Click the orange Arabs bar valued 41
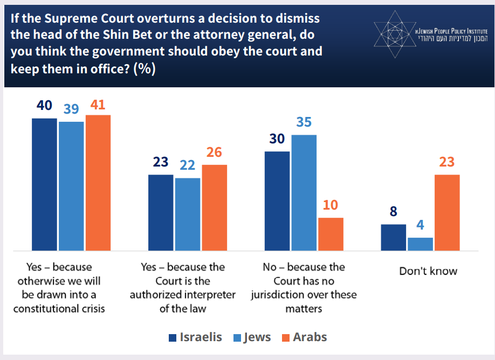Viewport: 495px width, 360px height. pos(98,183)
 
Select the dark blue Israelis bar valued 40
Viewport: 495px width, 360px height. pos(44,184)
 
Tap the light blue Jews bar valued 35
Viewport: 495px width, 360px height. pos(304,192)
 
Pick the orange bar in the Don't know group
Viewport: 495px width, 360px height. pos(447,212)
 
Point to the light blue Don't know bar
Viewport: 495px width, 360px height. pos(420,244)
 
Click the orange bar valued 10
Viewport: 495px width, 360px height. pos(331,234)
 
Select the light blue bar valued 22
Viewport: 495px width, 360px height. pos(188,214)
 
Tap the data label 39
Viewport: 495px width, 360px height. pos(71,109)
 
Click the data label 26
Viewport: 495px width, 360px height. pos(214,152)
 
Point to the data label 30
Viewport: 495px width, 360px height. pos(277,139)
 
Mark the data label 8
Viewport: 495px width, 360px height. pos(393,212)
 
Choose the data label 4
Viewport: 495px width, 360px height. pos(420,225)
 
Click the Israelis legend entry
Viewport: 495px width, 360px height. pos(195,337)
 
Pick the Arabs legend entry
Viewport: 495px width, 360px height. pos(304,337)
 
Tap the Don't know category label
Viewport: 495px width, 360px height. pos(428,271)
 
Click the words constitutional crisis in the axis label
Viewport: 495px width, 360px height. pos(59,308)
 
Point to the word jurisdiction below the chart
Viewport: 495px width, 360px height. pos(286,295)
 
